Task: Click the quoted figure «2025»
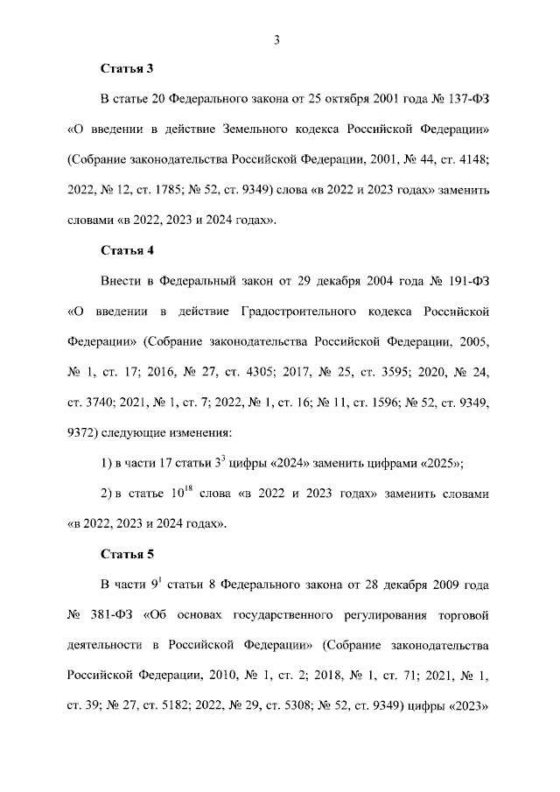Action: pyautogui.click(x=438, y=463)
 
